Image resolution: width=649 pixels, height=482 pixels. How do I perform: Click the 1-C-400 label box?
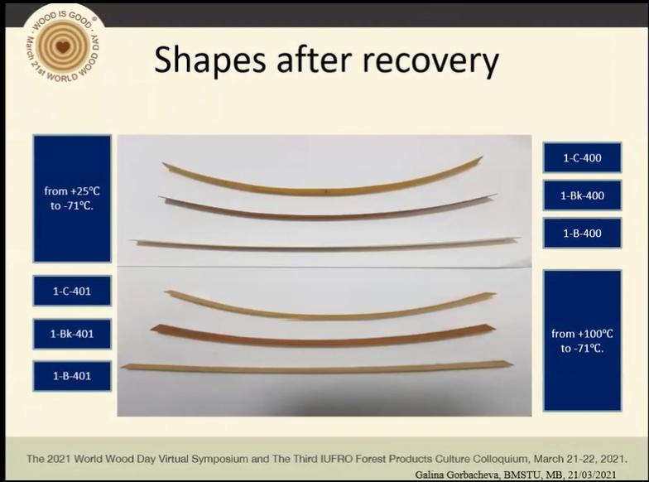582,157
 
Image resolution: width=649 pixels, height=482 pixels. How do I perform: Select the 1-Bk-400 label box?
582,195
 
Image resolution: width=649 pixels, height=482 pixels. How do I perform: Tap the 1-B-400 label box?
582,234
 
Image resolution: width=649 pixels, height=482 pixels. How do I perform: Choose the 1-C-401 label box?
72,291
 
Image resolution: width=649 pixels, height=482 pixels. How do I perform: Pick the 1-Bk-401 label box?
72,333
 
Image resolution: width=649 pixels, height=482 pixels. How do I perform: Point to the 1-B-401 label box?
72,376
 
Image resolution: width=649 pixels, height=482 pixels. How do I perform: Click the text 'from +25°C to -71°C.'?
72,199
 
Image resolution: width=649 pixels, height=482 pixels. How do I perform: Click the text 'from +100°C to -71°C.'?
582,341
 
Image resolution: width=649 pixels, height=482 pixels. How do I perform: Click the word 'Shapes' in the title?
210,60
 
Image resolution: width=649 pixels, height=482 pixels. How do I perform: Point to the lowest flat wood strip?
316,368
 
